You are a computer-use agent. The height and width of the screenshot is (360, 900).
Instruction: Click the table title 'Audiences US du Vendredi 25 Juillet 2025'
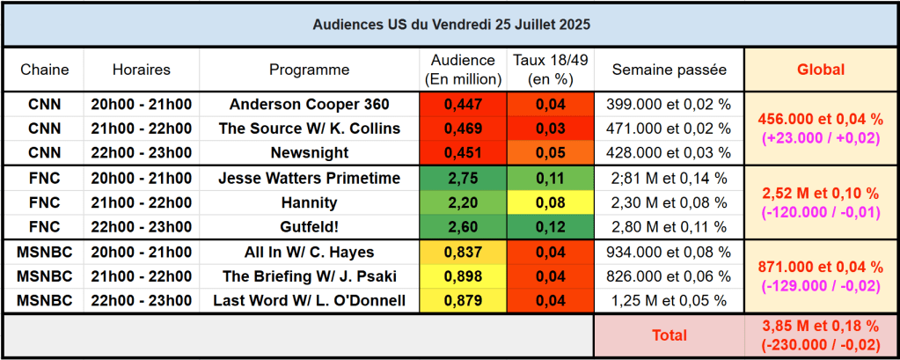click(450, 25)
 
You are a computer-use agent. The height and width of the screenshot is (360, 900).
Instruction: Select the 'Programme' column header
click(309, 70)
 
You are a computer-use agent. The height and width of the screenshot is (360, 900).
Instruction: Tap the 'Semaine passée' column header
click(669, 70)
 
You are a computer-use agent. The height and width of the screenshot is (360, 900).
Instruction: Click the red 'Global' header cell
click(820, 70)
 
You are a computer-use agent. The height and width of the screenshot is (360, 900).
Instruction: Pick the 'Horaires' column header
click(142, 70)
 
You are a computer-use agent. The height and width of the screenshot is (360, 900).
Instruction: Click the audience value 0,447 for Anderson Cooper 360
click(464, 104)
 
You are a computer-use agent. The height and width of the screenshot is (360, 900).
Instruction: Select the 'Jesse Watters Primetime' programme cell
click(309, 178)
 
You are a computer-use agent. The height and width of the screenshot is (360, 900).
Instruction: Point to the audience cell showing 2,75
click(464, 178)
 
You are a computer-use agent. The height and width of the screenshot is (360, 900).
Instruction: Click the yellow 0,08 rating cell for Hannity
click(551, 202)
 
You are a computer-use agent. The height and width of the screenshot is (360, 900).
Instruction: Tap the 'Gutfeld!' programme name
click(309, 227)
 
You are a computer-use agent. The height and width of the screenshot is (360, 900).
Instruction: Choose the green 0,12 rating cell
click(551, 227)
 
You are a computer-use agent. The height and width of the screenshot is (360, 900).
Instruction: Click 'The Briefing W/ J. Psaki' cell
click(309, 276)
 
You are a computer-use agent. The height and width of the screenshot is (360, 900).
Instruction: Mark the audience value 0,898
click(464, 276)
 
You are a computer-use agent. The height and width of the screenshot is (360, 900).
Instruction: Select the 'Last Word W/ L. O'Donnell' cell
click(309, 301)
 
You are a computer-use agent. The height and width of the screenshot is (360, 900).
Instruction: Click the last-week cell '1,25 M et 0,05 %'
click(669, 301)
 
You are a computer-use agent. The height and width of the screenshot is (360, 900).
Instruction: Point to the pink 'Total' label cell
click(669, 335)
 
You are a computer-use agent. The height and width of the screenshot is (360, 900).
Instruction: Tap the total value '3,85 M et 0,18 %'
click(820, 327)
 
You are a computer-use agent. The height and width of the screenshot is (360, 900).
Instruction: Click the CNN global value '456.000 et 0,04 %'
click(820, 118)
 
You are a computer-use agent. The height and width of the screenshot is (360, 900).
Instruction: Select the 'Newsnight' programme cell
click(309, 153)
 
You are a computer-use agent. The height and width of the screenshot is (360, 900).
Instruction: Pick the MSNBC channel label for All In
click(44, 252)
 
